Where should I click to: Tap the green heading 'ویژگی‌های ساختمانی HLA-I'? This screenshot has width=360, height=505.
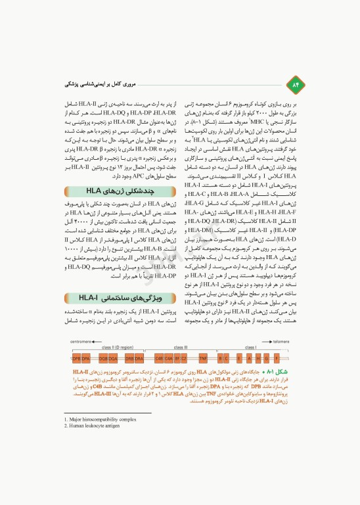tap(122, 300)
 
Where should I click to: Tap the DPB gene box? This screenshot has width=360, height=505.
tap(76, 359)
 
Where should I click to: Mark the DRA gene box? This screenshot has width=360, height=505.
tap(139, 359)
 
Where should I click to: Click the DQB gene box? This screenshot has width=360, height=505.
tap(103, 359)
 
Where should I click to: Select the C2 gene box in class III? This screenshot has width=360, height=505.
tap(185, 359)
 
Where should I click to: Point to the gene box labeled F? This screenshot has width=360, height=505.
tap(276, 359)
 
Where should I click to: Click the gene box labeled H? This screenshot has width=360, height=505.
tap(258, 359)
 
